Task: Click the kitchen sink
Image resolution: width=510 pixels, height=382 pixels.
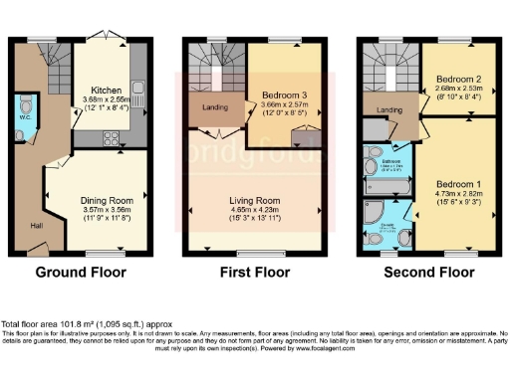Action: tap(137, 97)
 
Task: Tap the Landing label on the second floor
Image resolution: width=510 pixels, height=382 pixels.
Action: tap(388, 109)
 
